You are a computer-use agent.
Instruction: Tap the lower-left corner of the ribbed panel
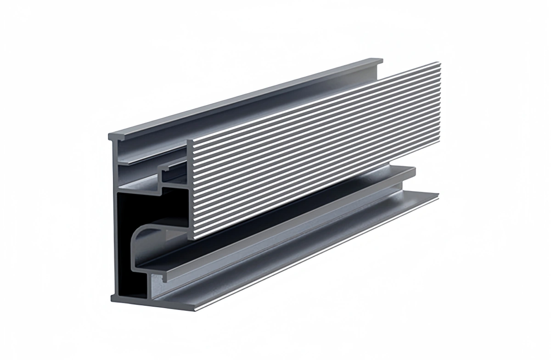[x=190, y=238]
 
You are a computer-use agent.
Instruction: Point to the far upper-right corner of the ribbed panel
[x=440, y=63]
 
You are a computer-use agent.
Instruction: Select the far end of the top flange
[x=381, y=60]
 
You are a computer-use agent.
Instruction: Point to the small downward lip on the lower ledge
[x=163, y=277]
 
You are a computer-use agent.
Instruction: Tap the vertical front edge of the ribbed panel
[x=190, y=188]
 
